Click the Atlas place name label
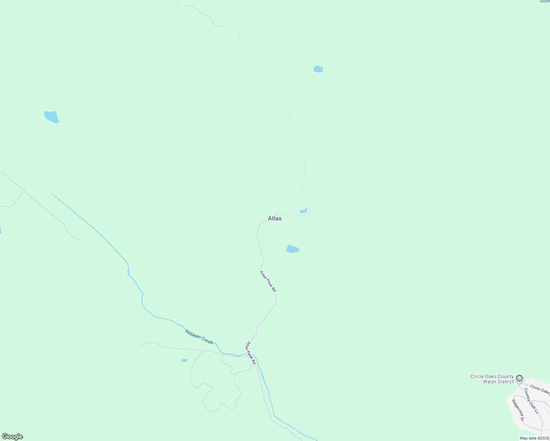(275, 218)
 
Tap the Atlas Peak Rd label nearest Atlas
(268, 282)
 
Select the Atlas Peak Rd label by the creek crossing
(251, 353)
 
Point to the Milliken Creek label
(199, 337)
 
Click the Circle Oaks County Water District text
(492, 379)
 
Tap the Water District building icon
(519, 378)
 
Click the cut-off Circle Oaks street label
(540, 390)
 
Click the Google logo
(12, 437)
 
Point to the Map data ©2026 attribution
(534, 438)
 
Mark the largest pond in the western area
(51, 117)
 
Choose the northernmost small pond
(318, 69)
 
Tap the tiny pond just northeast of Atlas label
(303, 211)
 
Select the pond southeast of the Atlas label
(293, 249)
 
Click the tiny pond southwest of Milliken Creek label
(185, 360)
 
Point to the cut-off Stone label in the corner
(544, 1)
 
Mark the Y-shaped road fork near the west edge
(24, 191)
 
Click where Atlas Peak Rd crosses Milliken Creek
(254, 355)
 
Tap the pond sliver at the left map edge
(0, 230)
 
